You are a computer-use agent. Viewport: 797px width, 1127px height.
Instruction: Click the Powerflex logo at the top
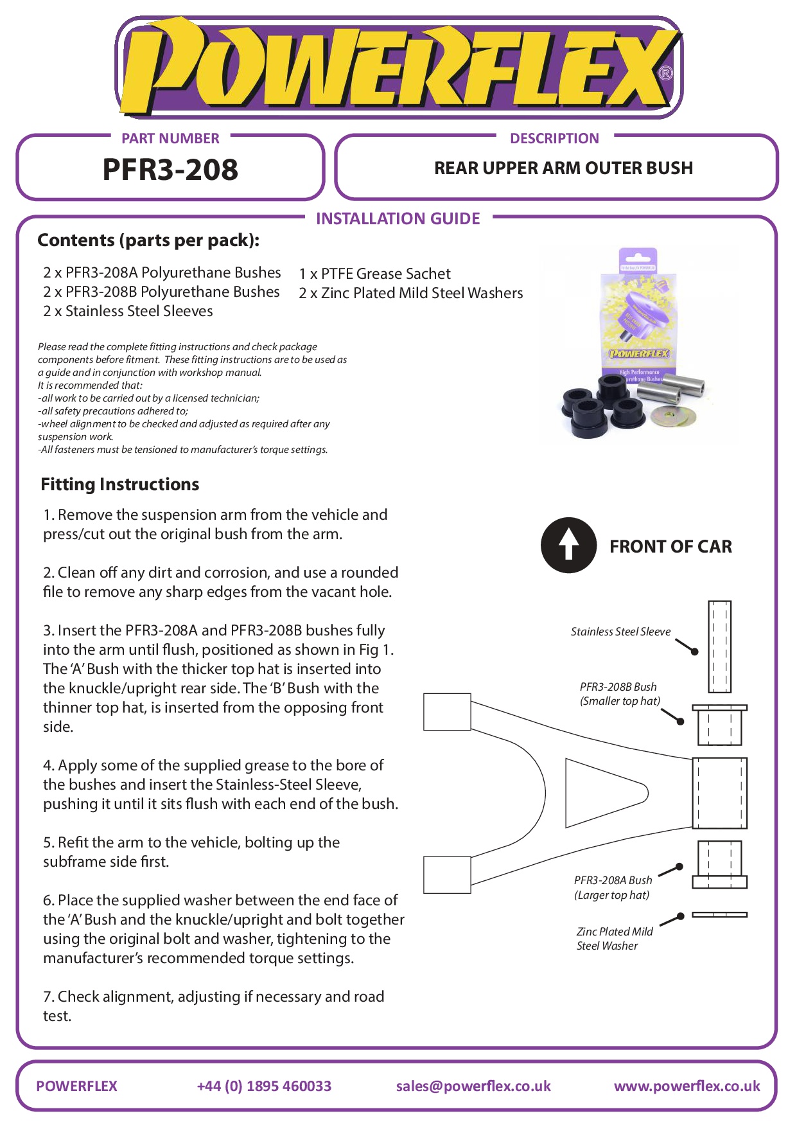click(x=398, y=67)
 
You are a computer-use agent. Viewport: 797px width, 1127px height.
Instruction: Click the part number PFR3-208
click(x=170, y=170)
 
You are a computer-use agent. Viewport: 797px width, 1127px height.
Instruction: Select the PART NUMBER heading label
click(x=170, y=138)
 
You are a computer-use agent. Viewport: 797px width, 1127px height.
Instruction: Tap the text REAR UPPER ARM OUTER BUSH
click(x=563, y=168)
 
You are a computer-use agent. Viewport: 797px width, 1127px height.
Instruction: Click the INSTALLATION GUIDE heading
click(x=398, y=218)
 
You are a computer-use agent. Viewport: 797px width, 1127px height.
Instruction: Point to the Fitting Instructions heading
click(x=120, y=484)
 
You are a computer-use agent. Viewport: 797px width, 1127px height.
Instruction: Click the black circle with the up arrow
click(x=568, y=545)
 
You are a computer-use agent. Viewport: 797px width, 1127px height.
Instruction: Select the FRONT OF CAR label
click(x=670, y=546)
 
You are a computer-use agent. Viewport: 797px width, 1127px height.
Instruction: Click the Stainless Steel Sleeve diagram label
click(x=620, y=632)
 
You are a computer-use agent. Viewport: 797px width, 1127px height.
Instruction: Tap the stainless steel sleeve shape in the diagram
click(x=719, y=646)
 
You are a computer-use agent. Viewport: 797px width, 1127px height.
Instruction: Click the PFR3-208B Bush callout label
click(x=620, y=694)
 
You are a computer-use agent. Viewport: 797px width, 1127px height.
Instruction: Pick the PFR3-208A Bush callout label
click(x=613, y=887)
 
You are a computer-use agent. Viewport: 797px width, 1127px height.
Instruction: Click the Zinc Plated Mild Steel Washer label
click(x=614, y=939)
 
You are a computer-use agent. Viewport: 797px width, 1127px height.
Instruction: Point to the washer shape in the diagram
click(x=719, y=914)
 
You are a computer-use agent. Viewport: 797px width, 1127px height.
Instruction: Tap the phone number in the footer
click(x=264, y=1086)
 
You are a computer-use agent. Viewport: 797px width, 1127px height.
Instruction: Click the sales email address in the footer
click(x=473, y=1086)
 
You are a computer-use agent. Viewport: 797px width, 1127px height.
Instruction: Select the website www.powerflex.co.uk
click(x=687, y=1086)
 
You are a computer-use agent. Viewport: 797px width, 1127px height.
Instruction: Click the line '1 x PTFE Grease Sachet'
click(x=375, y=274)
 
